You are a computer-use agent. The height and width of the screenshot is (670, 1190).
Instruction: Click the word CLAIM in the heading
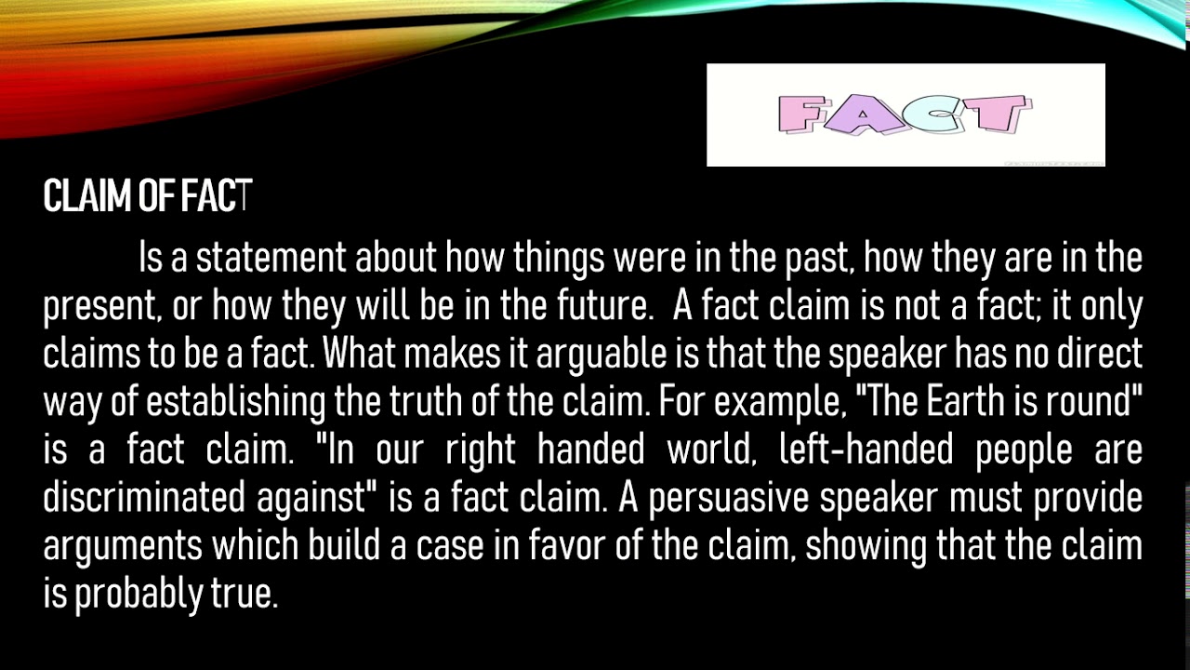pyautogui.click(x=86, y=195)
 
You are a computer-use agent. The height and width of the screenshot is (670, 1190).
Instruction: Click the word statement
pyautogui.click(x=271, y=258)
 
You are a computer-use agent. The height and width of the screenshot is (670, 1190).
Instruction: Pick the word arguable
pyautogui.click(x=602, y=355)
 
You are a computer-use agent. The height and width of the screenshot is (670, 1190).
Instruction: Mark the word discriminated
pyautogui.click(x=144, y=497)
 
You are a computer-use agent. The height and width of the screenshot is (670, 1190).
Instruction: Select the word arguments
pyautogui.click(x=123, y=546)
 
